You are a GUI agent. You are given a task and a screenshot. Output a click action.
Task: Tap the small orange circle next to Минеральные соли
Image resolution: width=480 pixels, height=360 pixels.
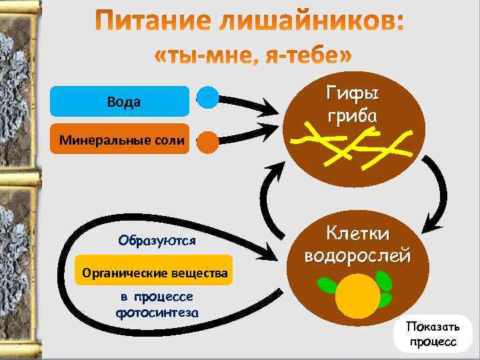(208, 141)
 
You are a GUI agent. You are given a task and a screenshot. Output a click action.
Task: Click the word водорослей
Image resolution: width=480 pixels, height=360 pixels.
(357, 255)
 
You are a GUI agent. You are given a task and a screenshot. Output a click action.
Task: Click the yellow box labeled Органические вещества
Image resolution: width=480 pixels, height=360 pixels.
(155, 273)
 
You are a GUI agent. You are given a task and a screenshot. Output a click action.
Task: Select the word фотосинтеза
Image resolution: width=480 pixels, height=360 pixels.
(158, 312)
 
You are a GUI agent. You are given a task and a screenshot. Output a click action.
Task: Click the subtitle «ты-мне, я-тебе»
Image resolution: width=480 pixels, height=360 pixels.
(253, 57)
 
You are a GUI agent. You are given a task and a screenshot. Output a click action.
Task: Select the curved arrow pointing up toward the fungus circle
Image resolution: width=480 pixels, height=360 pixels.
(265, 200)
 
